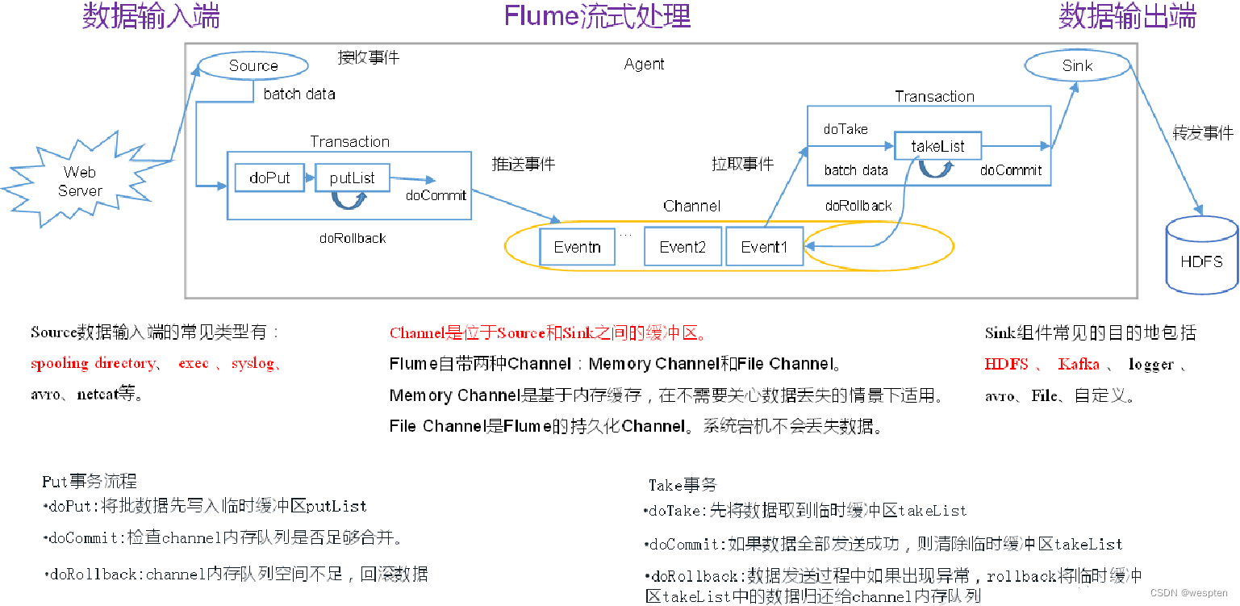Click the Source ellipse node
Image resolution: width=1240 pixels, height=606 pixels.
[253, 66]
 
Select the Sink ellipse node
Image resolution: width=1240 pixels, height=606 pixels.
[1077, 66]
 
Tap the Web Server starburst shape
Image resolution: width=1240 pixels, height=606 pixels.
[80, 182]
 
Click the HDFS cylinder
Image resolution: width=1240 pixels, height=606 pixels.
[1201, 255]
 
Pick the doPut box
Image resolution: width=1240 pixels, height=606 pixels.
[269, 178]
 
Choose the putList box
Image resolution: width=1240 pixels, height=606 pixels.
[352, 178]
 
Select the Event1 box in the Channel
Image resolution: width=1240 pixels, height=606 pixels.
[764, 247]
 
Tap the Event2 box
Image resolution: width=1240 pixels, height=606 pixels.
[683, 247]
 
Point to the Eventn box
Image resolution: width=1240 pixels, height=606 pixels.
[577, 247]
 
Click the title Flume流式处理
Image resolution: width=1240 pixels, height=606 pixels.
[597, 16]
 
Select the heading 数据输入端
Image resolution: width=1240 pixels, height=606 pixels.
[151, 16]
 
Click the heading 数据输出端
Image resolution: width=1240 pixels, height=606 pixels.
[1127, 16]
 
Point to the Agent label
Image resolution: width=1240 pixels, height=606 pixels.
[644, 65]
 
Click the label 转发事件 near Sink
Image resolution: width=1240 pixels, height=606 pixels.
[1202, 134]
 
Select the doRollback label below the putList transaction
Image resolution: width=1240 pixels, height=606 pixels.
[353, 238]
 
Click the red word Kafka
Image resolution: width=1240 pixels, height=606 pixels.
[1079, 364]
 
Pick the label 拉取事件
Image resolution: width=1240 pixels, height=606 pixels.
[742, 165]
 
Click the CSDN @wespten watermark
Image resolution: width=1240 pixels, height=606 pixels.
[1192, 592]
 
